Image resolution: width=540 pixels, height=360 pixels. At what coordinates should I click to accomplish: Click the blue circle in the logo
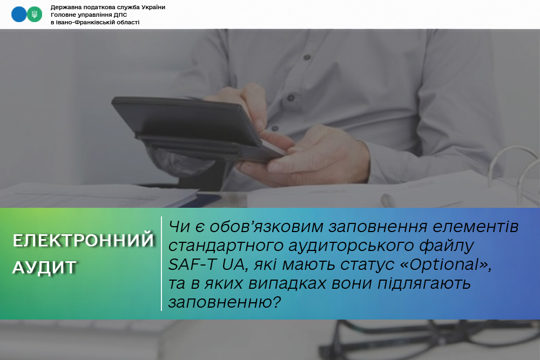(18, 15)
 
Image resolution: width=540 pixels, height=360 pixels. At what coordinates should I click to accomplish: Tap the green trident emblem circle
(35, 15)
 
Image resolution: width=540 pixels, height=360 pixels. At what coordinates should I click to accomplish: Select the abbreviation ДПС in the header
(120, 15)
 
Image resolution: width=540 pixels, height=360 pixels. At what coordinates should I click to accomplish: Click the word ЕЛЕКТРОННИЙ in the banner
(83, 240)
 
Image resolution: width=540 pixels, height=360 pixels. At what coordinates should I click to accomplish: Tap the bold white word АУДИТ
(44, 267)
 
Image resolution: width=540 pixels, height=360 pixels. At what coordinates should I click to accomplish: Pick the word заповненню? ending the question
(225, 302)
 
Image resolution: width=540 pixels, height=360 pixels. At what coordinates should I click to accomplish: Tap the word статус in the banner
(367, 264)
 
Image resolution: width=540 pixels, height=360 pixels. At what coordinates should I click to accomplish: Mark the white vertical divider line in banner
(161, 263)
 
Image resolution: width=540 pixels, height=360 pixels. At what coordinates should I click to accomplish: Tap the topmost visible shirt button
(307, 57)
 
